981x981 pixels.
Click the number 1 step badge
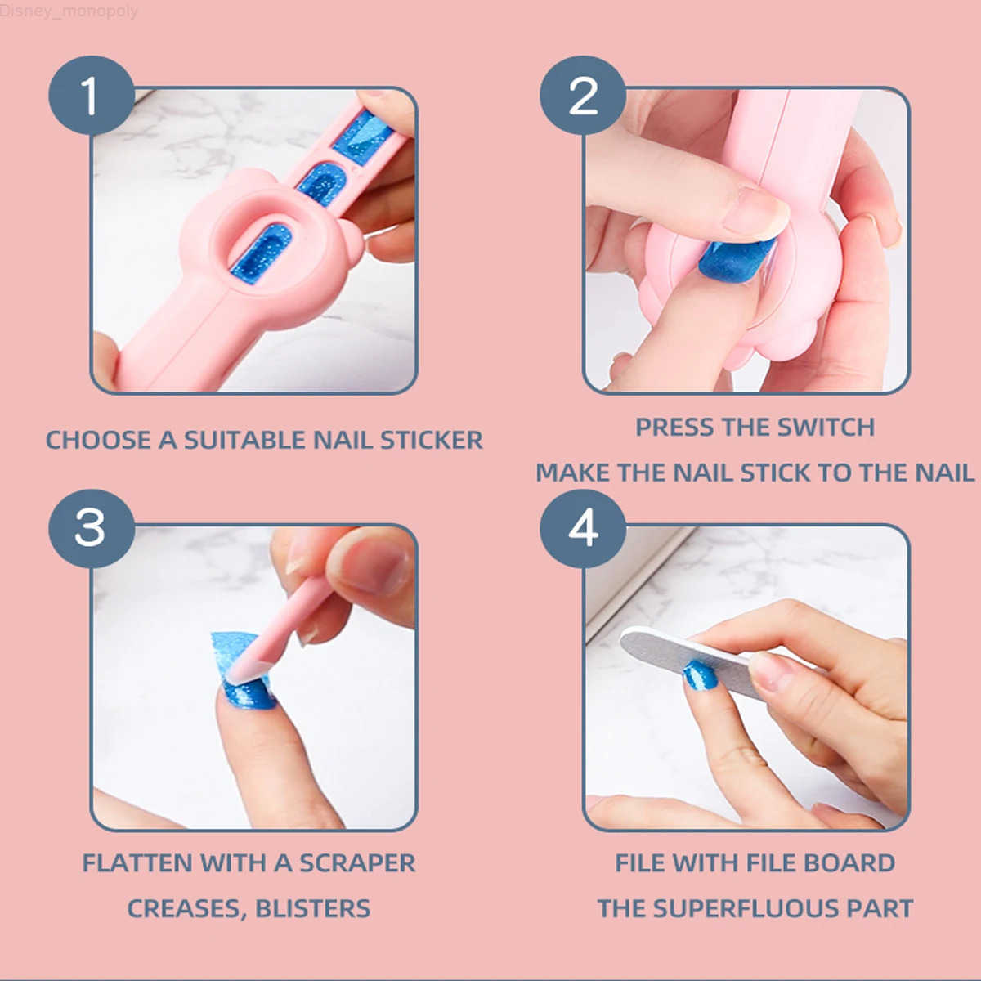coord(91,96)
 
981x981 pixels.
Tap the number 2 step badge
coord(582,96)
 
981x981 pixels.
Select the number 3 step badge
coord(91,528)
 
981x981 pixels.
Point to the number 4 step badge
coord(582,528)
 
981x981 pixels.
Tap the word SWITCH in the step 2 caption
coord(826,427)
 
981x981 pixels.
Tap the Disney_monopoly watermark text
coord(69,11)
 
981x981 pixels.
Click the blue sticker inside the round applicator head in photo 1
coord(260,253)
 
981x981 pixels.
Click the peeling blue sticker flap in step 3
coord(231,654)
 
